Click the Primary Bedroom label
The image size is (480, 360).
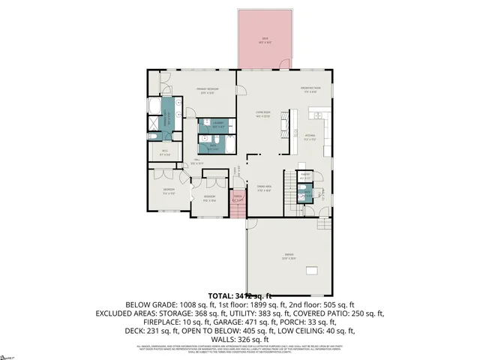pyautogui.click(x=206, y=91)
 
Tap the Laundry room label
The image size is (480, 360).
pyautogui.click(x=217, y=122)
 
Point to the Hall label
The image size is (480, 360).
pyautogui.click(x=196, y=160)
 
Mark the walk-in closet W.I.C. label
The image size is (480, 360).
pyautogui.click(x=166, y=154)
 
